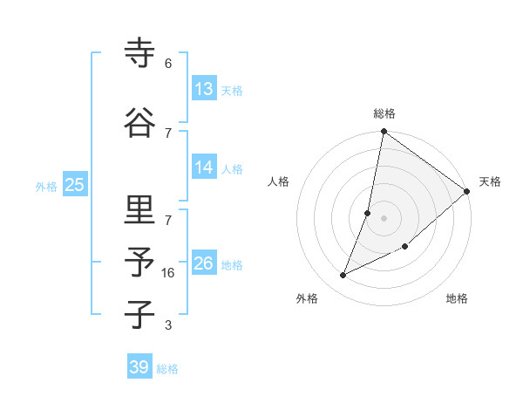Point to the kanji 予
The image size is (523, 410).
tap(140, 263)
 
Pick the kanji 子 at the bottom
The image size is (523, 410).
tap(140, 315)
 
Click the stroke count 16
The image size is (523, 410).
tap(168, 273)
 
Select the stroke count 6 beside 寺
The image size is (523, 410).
tap(168, 64)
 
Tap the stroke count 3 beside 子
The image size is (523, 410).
tap(168, 325)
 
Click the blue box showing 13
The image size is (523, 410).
tap(204, 89)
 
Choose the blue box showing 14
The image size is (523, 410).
tap(204, 167)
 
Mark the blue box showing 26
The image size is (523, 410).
tap(204, 263)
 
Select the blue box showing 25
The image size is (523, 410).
tap(74, 185)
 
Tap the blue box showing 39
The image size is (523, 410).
tap(139, 367)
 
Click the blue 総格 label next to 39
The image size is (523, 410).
tap(167, 369)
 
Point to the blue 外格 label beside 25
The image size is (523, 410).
tap(46, 186)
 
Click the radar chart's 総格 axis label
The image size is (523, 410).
tap(384, 113)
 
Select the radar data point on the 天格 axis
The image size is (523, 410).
tap(467, 192)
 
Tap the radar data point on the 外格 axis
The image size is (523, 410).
tap(343, 276)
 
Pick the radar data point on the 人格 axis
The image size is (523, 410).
tap(368, 213)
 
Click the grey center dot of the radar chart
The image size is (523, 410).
tap(384, 218)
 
